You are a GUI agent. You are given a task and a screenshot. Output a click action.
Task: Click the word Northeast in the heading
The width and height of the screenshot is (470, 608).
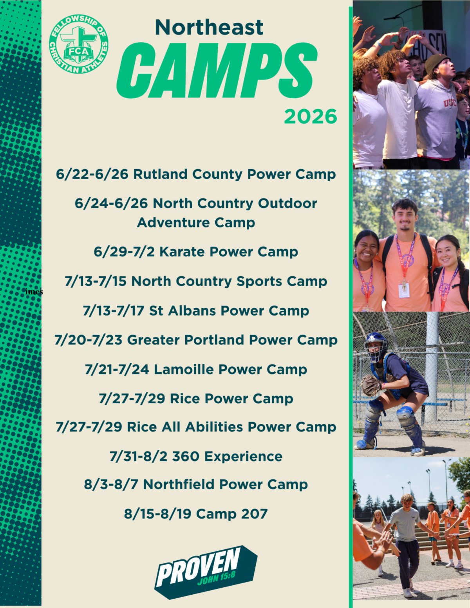pos(209,27)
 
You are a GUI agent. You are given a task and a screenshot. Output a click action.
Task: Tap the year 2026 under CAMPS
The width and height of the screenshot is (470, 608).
pos(311,116)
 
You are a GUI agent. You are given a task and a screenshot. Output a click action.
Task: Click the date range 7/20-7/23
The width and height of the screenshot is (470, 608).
pos(89,340)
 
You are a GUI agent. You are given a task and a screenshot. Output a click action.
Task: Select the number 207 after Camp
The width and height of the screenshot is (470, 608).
pos(255,514)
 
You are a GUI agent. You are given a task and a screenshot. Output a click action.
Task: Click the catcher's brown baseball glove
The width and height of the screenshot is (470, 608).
pos(371,386)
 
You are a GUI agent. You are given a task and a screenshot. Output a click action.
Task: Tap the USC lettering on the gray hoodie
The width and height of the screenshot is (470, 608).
pos(450,103)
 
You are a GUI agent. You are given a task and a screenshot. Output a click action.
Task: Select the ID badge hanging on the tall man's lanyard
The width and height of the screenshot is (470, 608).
pos(404,290)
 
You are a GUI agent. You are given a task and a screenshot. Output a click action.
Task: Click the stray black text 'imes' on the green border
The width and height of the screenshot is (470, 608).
pos(34,292)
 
